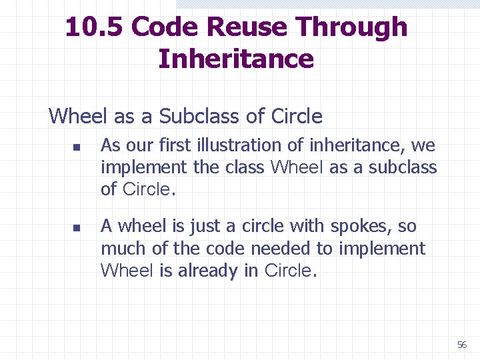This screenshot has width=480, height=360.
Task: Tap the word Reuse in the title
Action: (249, 27)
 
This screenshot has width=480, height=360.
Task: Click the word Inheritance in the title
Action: (236, 59)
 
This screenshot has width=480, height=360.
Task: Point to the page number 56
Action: (461, 345)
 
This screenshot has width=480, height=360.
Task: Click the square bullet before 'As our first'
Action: (77, 147)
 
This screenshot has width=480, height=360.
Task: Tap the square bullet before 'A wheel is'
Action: (77, 228)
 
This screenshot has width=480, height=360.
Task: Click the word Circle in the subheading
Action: (297, 117)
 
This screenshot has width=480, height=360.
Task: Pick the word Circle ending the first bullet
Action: (147, 189)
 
